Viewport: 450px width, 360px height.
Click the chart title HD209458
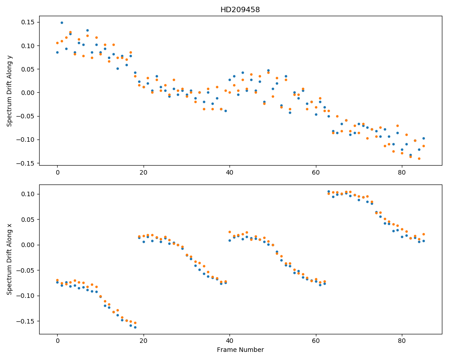coord(240,10)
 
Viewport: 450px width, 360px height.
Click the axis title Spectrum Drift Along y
coord(9,90)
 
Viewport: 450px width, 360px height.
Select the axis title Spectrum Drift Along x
coord(9,259)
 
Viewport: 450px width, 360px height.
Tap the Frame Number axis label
coord(240,350)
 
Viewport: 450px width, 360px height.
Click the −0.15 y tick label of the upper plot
coord(26,163)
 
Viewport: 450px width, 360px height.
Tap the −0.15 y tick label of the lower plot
coord(26,321)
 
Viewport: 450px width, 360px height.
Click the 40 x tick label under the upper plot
coord(229,172)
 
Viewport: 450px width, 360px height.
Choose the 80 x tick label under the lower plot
coord(402,341)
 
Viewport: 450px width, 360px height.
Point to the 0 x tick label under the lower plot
coord(58,341)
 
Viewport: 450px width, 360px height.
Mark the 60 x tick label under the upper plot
coord(316,172)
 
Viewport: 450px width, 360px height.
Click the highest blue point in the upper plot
coord(62,22)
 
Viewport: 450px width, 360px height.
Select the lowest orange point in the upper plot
coord(419,159)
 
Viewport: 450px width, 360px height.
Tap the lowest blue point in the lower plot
coord(135,327)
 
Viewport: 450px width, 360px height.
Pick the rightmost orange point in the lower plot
coord(423,234)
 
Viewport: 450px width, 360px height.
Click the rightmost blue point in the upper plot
coord(423,138)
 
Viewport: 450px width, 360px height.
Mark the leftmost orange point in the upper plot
coord(58,43)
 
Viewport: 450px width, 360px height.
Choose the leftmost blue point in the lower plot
coord(58,283)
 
